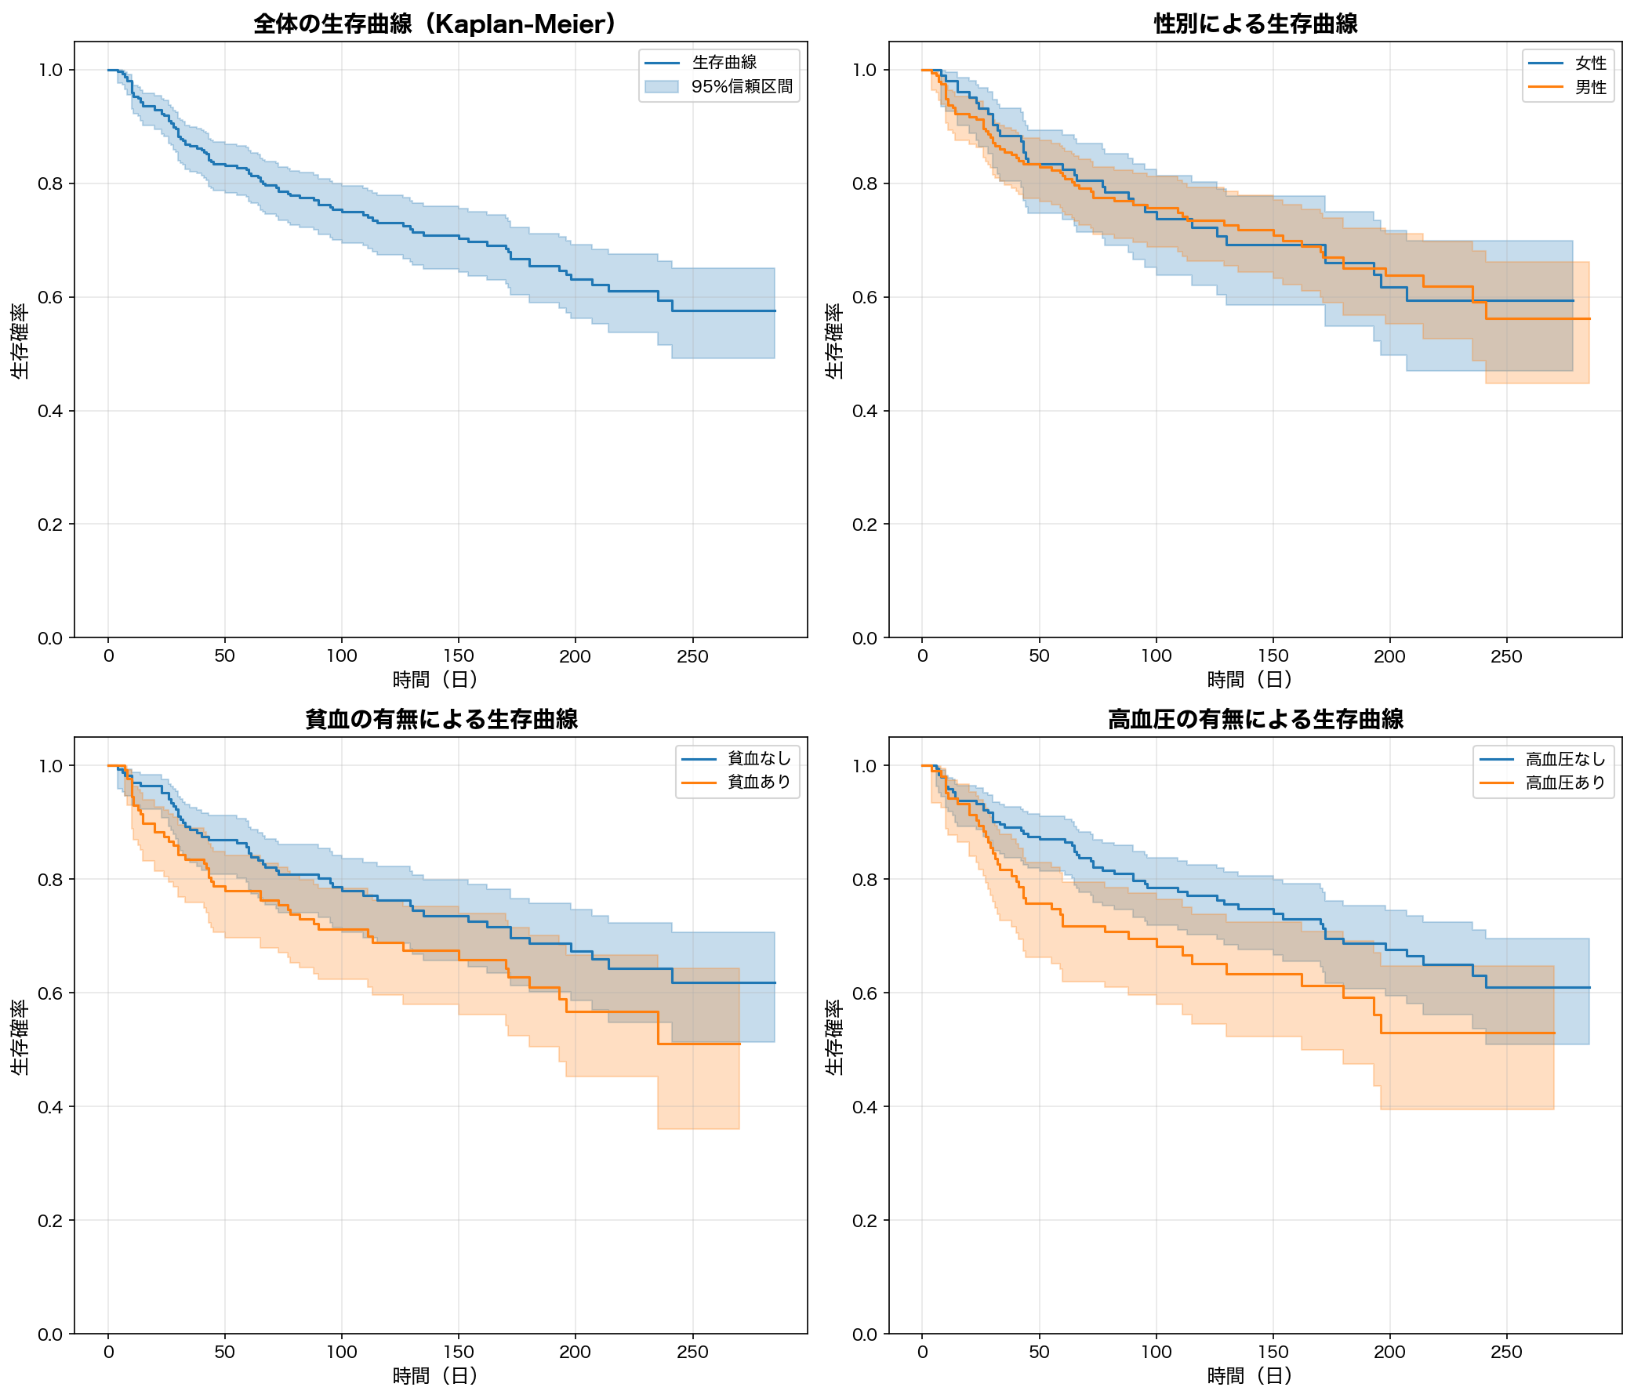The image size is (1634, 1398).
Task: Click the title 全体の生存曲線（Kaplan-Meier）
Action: [434, 24]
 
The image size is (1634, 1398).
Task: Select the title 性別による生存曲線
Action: [1255, 24]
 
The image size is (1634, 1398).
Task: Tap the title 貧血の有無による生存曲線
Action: [441, 719]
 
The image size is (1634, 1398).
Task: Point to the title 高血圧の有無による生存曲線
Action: [1255, 719]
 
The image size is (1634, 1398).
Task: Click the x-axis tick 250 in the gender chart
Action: [1506, 656]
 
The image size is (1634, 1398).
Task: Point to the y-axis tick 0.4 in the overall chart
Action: [50, 411]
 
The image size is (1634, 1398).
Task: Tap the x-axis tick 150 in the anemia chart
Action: [458, 1352]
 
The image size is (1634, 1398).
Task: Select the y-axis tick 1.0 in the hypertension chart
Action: [865, 765]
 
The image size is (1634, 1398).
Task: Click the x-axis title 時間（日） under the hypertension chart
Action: [1249, 1376]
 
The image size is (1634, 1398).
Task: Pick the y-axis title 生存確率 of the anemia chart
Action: [20, 1037]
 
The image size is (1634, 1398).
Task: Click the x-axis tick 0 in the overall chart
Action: [109, 656]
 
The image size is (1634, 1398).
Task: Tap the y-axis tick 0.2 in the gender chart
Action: [865, 525]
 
